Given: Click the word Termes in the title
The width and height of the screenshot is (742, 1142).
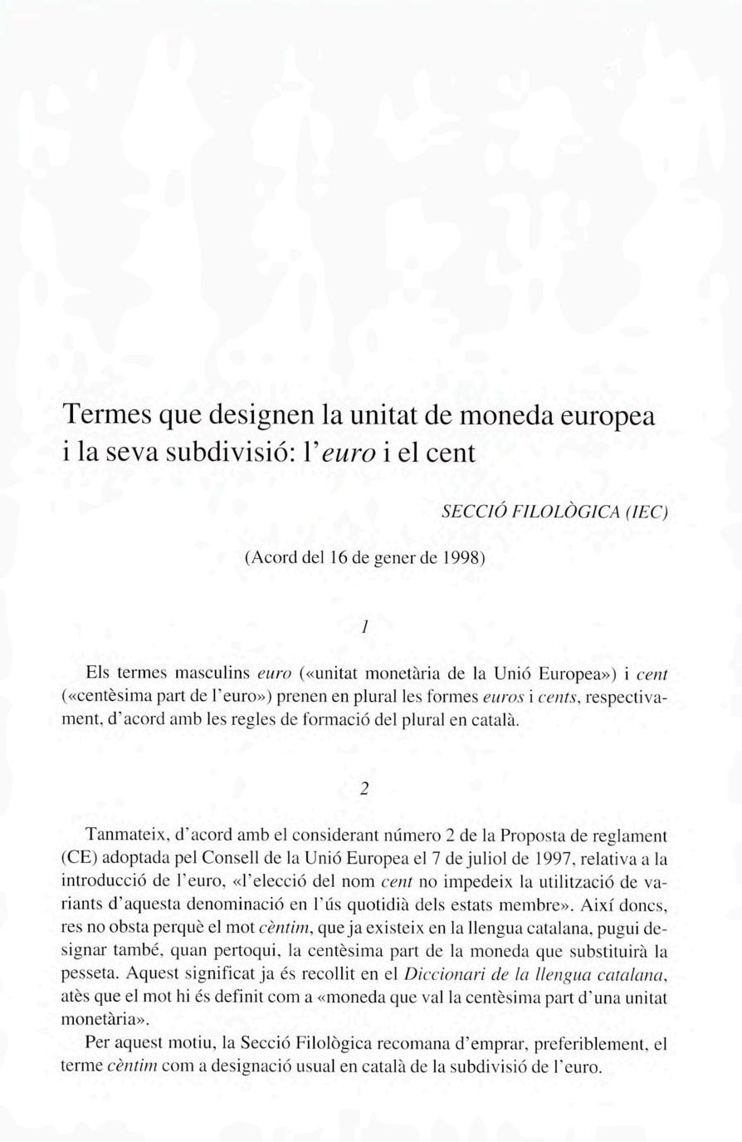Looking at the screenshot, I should tap(107, 414).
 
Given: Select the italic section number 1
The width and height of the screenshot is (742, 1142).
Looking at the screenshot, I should tap(364, 628).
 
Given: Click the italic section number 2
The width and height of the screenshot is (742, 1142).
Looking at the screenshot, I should tap(364, 789).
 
